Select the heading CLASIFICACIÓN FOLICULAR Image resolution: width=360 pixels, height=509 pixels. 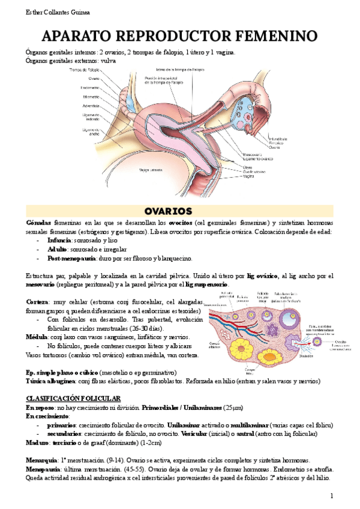(x=74, y=399)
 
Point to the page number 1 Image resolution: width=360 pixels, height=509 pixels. (x=331, y=495)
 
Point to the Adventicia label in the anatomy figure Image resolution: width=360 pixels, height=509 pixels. (x=91, y=106)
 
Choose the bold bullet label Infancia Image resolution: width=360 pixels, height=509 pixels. (x=59, y=240)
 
